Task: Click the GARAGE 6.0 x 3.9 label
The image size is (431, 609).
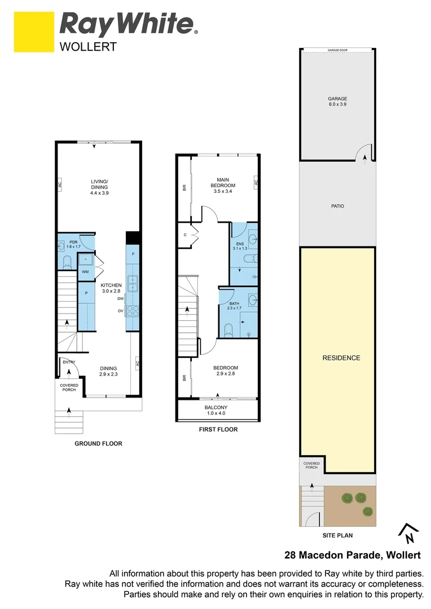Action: (337, 101)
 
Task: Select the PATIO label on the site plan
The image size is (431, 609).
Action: (337, 206)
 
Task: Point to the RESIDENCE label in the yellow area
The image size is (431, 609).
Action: (341, 358)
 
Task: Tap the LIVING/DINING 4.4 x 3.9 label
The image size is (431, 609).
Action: (99, 187)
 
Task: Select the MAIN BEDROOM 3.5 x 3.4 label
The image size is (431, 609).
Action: (223, 186)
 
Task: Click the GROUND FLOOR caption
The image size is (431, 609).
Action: (99, 444)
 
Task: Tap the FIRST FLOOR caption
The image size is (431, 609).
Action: (218, 430)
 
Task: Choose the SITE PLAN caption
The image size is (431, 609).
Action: (337, 536)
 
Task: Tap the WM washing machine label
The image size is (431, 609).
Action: (86, 272)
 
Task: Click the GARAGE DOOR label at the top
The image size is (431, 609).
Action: (337, 50)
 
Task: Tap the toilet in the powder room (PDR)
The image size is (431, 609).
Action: (67, 262)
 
